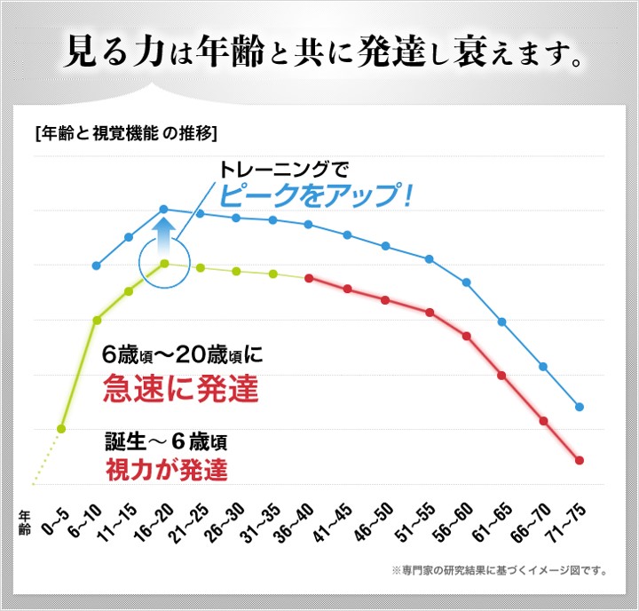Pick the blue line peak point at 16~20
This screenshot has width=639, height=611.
[x=164, y=210]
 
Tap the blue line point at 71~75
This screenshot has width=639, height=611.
[x=580, y=407]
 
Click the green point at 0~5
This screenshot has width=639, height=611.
[x=61, y=429]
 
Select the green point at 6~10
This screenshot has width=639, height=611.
[x=97, y=320]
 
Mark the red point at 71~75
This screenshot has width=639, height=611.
[x=580, y=460]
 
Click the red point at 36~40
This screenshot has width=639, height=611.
[x=309, y=278]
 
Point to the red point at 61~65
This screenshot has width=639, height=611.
[x=502, y=376]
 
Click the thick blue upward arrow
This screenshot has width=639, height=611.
[x=164, y=238]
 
